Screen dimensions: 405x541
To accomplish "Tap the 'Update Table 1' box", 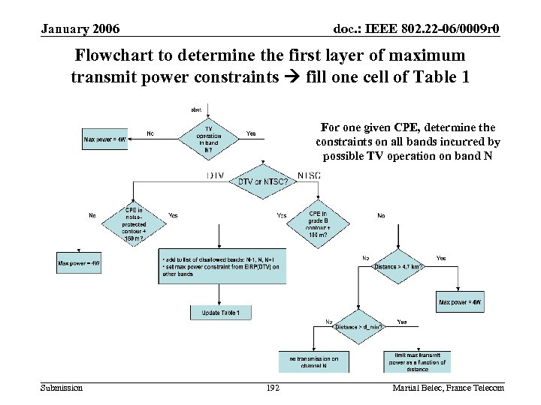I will pos(220,312).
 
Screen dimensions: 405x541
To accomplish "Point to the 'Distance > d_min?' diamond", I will pos(360,326).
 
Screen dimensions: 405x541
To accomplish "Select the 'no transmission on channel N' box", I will pos(314,362).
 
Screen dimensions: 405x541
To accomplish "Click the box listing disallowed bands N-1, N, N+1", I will pos(222,266).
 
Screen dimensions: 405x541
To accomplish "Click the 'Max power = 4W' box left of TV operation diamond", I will pos(104,139).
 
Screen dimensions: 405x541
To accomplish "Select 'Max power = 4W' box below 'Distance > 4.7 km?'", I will pos(460,301).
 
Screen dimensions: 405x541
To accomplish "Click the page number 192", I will pos(273,388).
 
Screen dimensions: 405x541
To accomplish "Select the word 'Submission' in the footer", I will pos(62,388).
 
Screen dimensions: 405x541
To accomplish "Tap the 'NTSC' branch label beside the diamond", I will pos(309,175).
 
